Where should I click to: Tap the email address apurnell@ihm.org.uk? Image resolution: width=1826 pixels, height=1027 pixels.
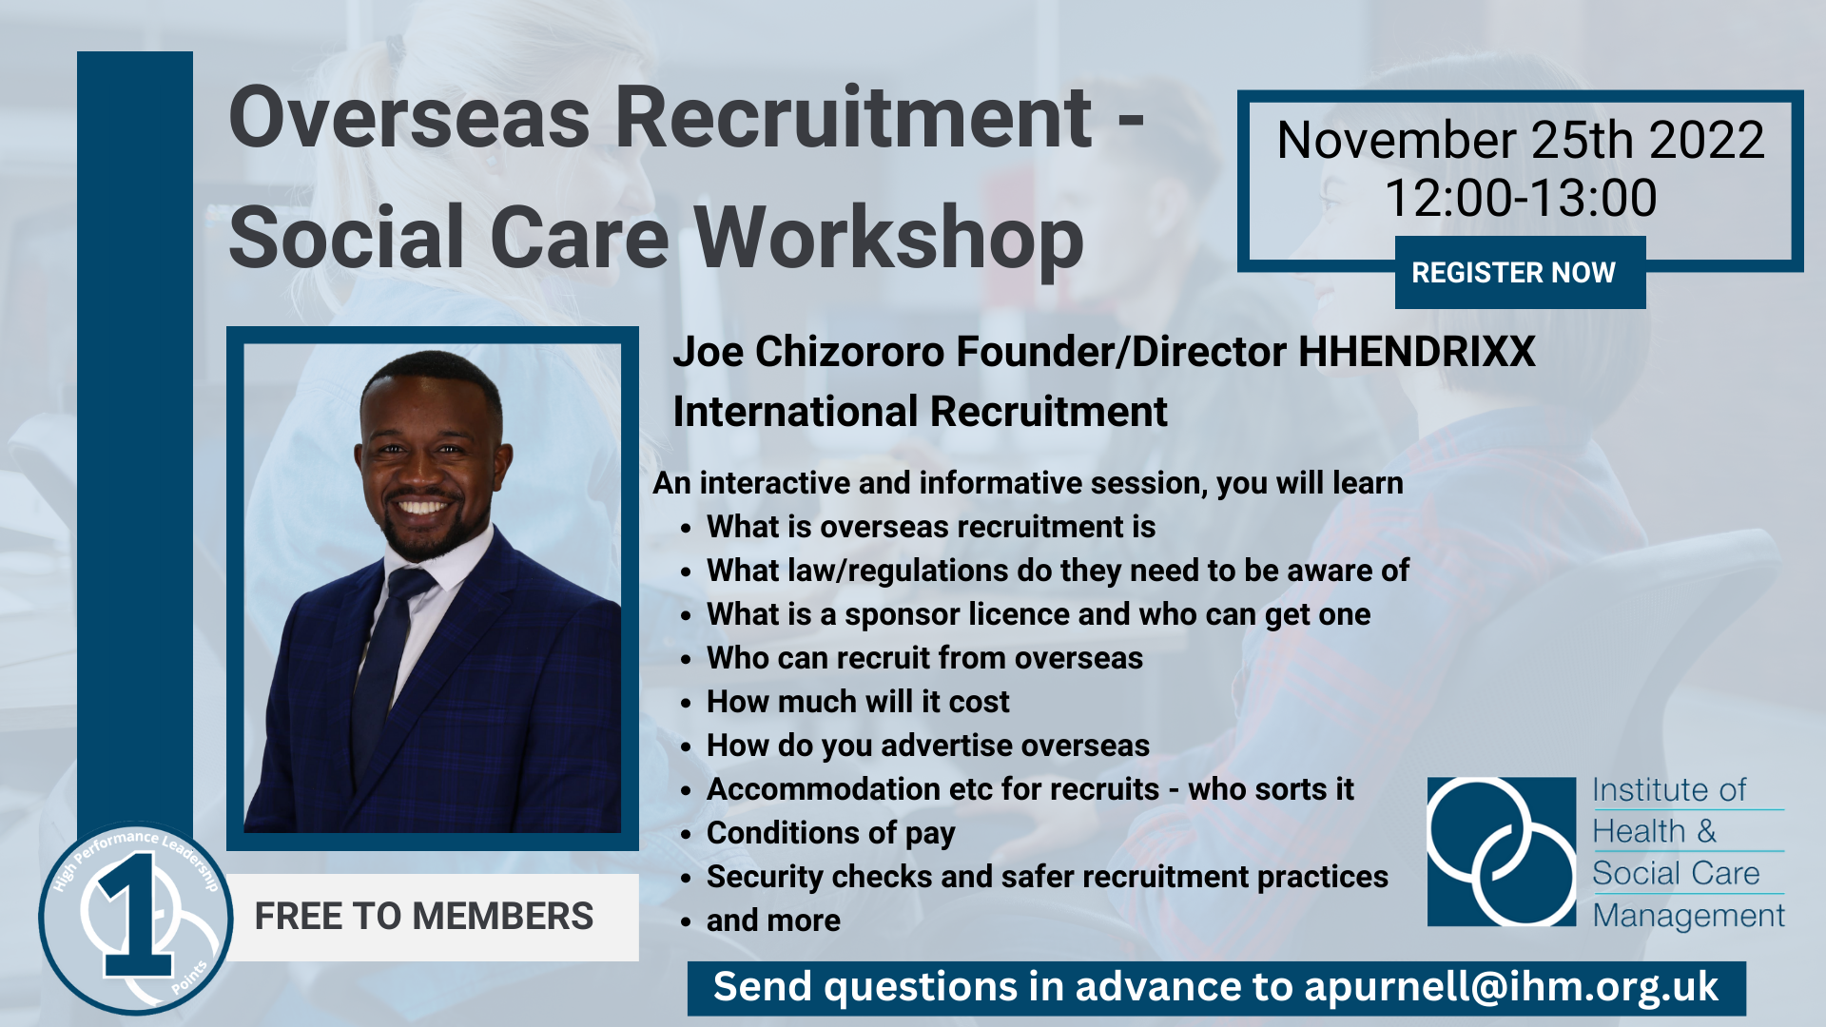pyautogui.click(x=1510, y=987)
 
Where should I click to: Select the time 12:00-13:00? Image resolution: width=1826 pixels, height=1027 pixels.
pyautogui.click(x=1520, y=199)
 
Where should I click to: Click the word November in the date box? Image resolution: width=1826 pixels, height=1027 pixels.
pyautogui.click(x=1395, y=141)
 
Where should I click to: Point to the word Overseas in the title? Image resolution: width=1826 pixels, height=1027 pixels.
pyautogui.click(x=409, y=119)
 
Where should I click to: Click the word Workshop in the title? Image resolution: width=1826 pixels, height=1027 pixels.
pyautogui.click(x=889, y=238)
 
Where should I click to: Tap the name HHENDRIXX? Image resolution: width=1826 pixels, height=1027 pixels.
pyautogui.click(x=1416, y=352)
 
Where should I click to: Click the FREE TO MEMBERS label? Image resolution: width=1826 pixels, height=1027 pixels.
pyautogui.click(x=423, y=917)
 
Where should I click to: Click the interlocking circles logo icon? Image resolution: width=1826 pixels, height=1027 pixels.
pyautogui.click(x=1501, y=851)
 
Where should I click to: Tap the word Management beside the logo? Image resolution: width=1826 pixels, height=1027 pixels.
pyautogui.click(x=1688, y=916)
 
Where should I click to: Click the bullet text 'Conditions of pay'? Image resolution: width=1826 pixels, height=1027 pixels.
pyautogui.click(x=830, y=833)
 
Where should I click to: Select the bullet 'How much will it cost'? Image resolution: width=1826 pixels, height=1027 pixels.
pyautogui.click(x=857, y=702)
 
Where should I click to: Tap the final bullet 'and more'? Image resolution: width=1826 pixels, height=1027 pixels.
pyautogui.click(x=773, y=920)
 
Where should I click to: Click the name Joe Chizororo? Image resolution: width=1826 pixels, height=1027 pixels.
pyautogui.click(x=807, y=352)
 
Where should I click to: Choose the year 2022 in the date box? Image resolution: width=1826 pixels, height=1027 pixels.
pyautogui.click(x=1706, y=141)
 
